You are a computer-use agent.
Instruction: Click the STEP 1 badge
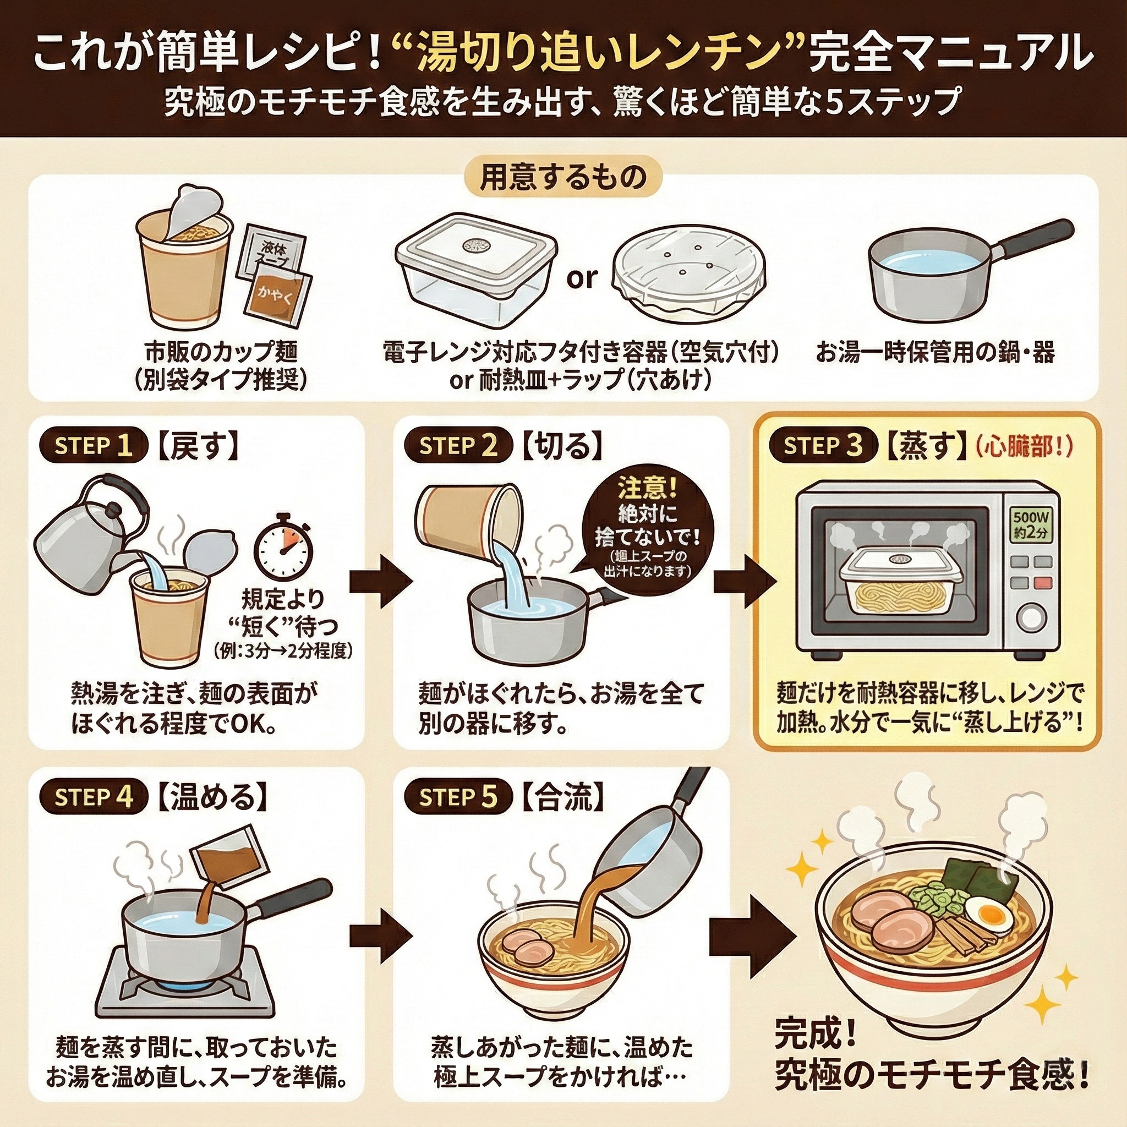[x=94, y=446]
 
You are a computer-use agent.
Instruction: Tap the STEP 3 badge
[x=823, y=446]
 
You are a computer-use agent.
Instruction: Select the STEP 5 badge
[x=458, y=797]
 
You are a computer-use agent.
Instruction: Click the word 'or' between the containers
[x=582, y=278]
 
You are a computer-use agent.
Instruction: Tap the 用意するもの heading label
[x=563, y=177]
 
